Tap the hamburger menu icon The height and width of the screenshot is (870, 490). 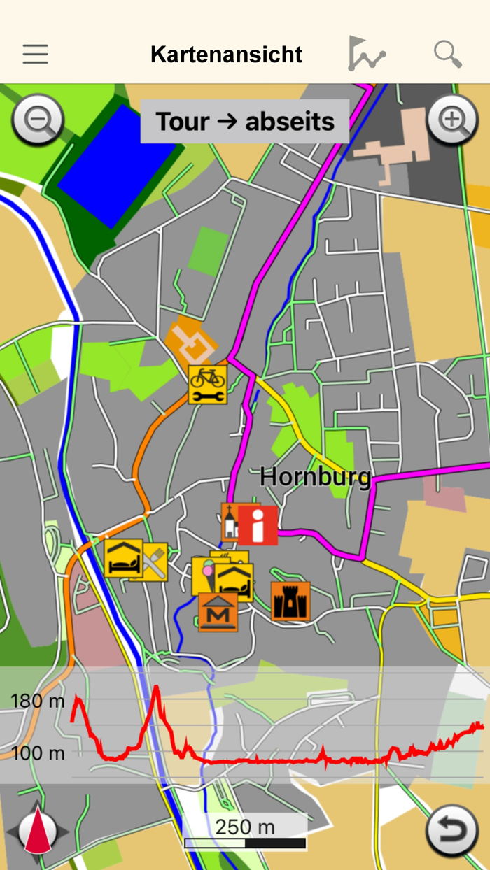pos(35,54)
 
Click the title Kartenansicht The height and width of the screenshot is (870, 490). pos(226,55)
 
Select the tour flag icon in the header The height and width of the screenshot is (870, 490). pos(366,54)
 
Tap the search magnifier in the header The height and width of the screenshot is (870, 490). pos(448,54)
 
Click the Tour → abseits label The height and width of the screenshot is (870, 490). pos(245,122)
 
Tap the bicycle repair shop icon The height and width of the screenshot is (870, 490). pos(207,384)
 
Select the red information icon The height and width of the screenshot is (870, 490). pos(258,525)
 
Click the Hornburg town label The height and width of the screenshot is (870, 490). pos(314,477)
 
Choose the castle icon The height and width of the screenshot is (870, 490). pos(290,601)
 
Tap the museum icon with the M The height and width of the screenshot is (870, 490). pos(218,612)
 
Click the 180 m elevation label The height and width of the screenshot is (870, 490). pos(37,701)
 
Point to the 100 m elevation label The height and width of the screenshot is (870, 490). pos(37,753)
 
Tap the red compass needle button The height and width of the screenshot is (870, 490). pos(38,832)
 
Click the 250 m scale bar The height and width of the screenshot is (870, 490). pos(245,832)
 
